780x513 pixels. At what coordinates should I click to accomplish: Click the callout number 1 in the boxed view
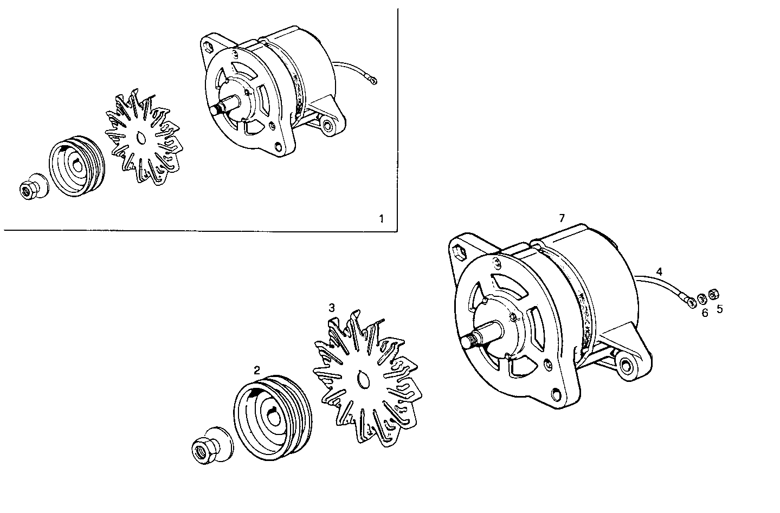(x=381, y=219)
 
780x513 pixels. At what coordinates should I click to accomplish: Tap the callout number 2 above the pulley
(x=257, y=371)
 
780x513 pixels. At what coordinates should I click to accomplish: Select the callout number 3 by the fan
(x=332, y=307)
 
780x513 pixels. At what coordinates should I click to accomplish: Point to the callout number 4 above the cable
(x=659, y=270)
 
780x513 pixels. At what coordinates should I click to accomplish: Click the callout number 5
(x=719, y=309)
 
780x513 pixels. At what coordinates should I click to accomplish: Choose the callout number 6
(x=705, y=313)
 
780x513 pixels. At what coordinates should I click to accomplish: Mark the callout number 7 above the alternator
(x=562, y=218)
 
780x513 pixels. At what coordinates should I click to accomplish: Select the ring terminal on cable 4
(x=691, y=302)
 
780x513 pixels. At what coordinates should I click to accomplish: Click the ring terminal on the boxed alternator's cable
(x=373, y=82)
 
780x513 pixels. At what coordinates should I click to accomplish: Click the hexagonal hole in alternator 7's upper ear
(x=459, y=250)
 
